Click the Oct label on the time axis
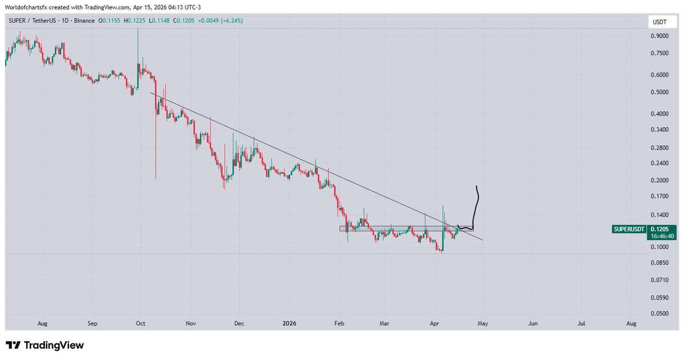[141, 324]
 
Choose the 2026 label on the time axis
[289, 324]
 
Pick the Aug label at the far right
[631, 324]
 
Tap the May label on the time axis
[483, 324]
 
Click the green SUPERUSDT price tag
[629, 229]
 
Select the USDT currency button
[659, 22]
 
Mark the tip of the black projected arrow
[476, 187]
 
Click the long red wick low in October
[156, 178]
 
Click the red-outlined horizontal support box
[399, 228]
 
